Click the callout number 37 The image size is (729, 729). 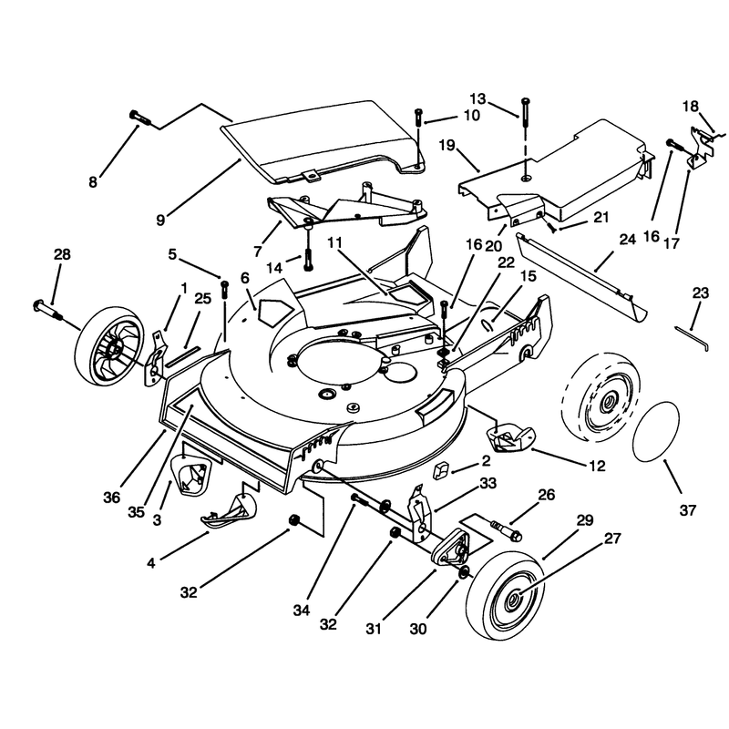point(688,510)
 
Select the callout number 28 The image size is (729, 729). point(62,254)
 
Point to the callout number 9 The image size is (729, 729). point(160,220)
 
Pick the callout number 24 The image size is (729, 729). point(627,240)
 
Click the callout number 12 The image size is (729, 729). point(597,466)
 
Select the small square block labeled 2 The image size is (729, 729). point(440,470)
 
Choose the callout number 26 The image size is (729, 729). point(547,495)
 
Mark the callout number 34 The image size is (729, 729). point(302,611)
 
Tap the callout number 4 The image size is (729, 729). point(151,563)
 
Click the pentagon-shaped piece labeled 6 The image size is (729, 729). point(275,310)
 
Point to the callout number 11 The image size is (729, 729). point(334,242)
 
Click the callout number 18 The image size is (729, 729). point(691,107)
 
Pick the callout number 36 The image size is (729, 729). point(111,498)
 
